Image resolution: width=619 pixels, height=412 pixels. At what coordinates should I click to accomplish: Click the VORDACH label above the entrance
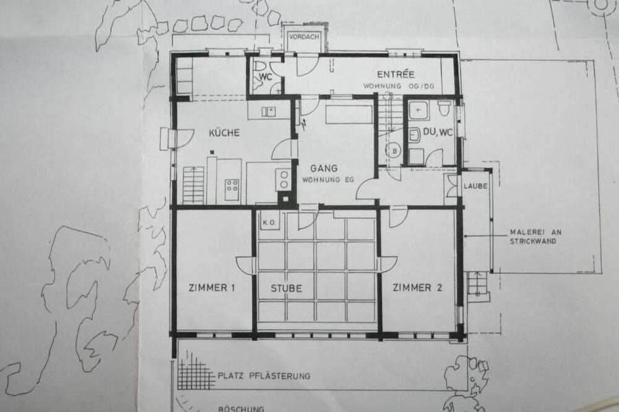click(304, 36)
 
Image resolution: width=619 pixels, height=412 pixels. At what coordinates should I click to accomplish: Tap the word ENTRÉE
click(396, 74)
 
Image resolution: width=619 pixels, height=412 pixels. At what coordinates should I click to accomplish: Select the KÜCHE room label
click(224, 132)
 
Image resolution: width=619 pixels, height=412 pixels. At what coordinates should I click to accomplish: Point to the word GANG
click(324, 168)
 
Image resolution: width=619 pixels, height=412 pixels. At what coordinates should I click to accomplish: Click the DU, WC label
click(438, 132)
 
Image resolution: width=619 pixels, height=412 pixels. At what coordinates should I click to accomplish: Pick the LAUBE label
click(475, 186)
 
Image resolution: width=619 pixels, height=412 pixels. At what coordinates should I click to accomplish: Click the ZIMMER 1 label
click(212, 288)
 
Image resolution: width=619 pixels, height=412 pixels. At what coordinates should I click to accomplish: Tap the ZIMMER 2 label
click(417, 288)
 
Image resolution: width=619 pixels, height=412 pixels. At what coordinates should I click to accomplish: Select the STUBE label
click(286, 288)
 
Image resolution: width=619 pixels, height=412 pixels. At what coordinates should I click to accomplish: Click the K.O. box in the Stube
click(269, 223)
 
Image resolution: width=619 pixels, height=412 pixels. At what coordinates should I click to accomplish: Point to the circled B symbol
click(394, 150)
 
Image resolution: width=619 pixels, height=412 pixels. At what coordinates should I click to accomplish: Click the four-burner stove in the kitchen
click(232, 185)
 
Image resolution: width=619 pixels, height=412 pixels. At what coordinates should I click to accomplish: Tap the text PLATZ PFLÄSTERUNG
click(264, 376)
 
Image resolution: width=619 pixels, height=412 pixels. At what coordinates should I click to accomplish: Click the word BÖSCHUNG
click(241, 409)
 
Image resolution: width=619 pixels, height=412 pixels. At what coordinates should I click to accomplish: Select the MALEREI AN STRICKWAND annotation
click(535, 237)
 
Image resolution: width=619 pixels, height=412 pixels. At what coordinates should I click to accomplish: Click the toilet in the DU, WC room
click(444, 108)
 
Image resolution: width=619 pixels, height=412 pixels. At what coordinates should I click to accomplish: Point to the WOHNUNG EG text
click(327, 180)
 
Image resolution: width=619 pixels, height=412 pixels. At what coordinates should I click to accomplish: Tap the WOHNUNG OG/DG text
click(399, 86)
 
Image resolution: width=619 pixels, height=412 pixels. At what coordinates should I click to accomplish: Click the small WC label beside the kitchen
click(266, 77)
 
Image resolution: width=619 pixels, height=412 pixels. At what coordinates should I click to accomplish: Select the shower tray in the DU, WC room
click(418, 109)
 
